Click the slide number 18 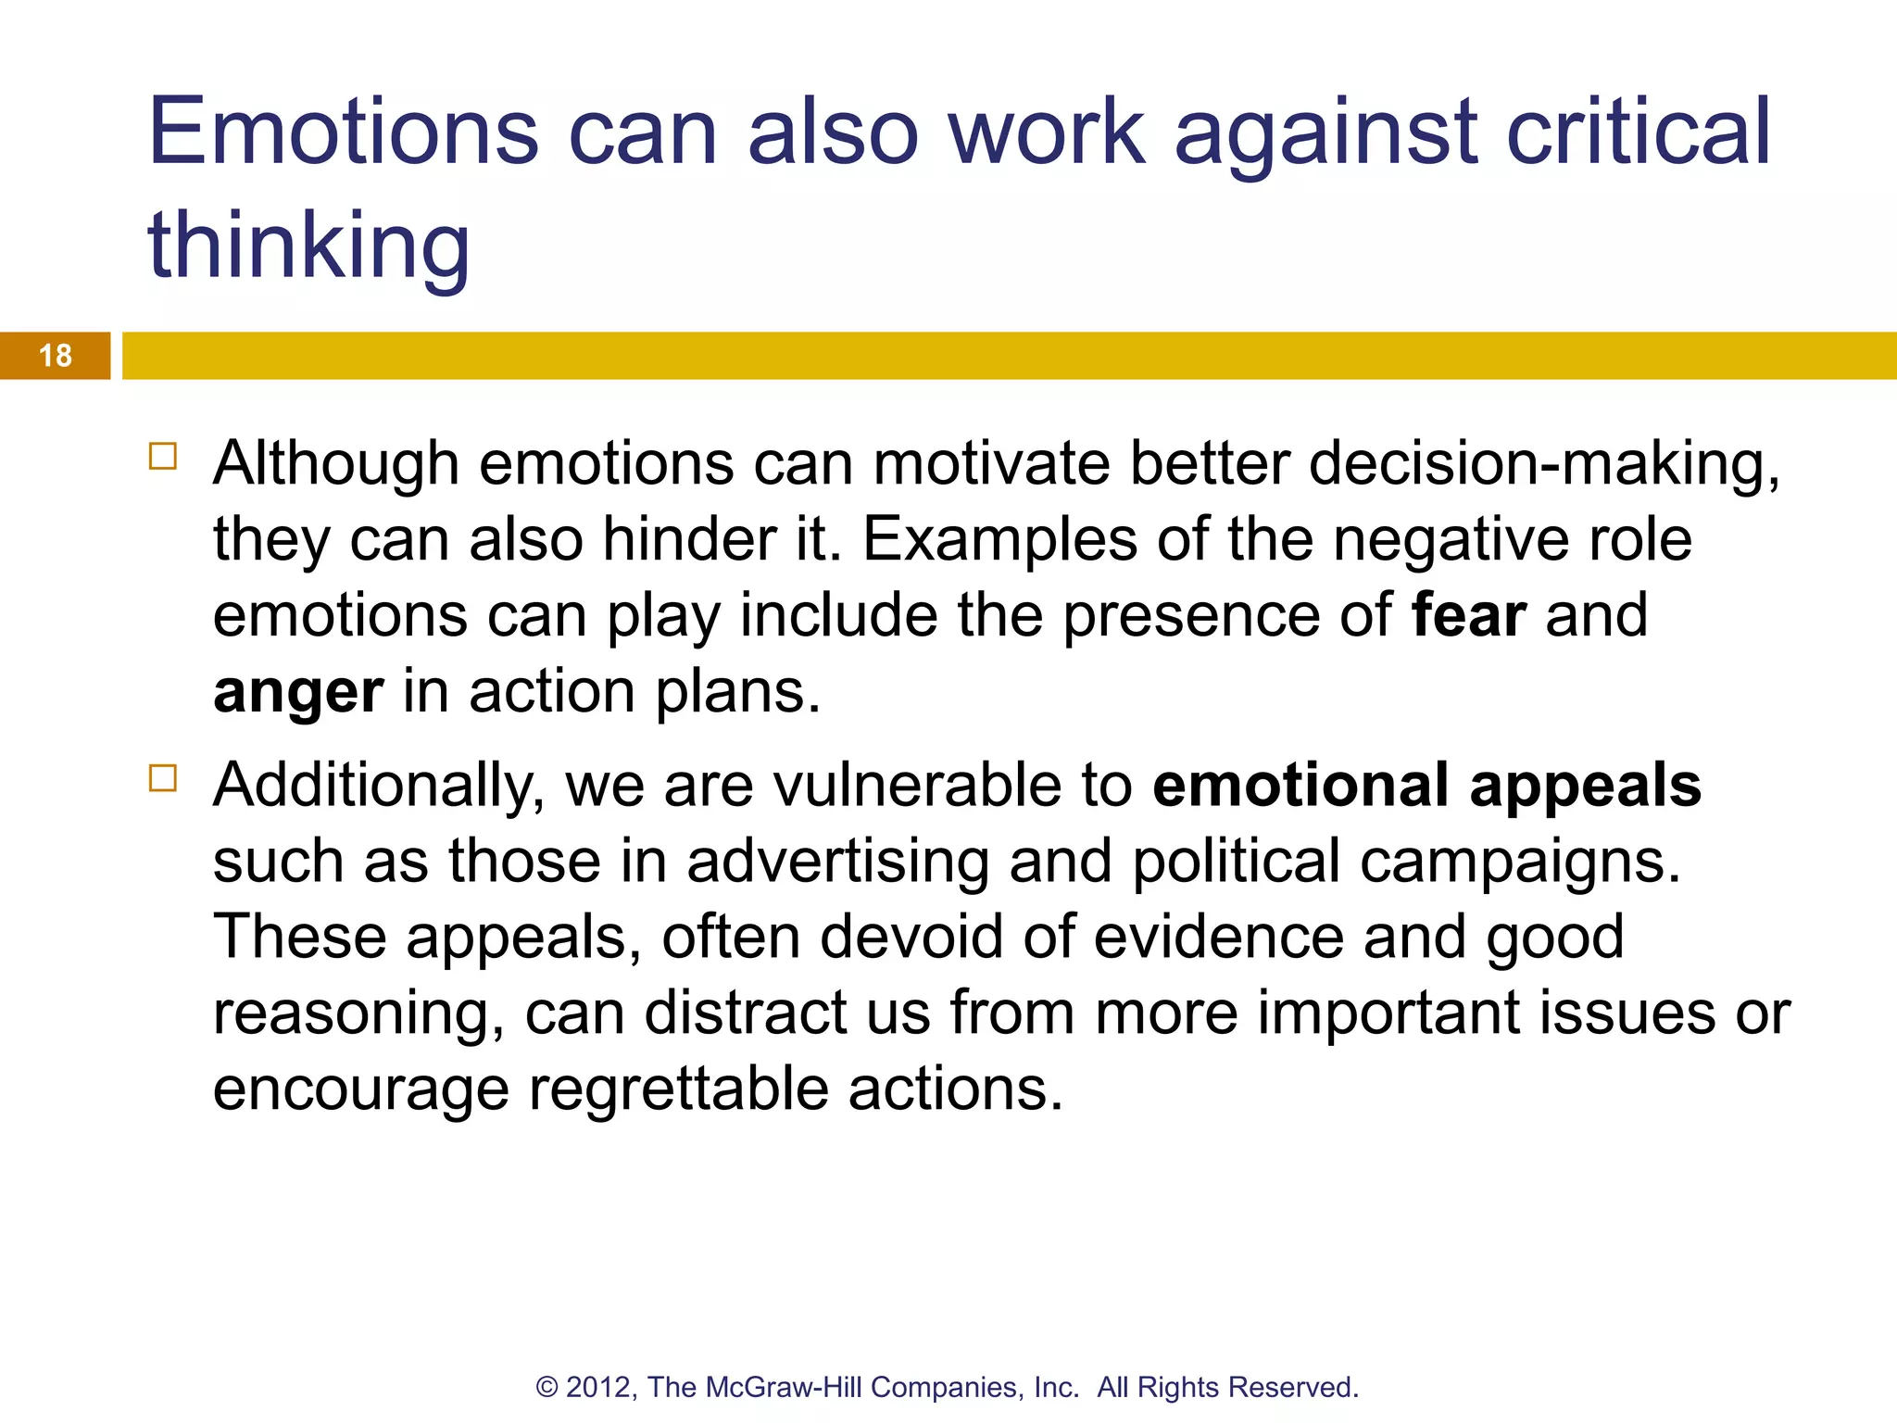pos(56,356)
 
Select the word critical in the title pos(1638,132)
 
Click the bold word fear pos(1468,615)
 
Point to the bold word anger pos(297,693)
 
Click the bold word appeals pos(1585,786)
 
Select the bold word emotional pos(1300,786)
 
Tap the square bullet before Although pos(163,457)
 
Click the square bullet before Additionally pos(163,778)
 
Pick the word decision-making pos(1544,463)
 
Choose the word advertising pos(837,862)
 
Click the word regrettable pos(678,1089)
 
